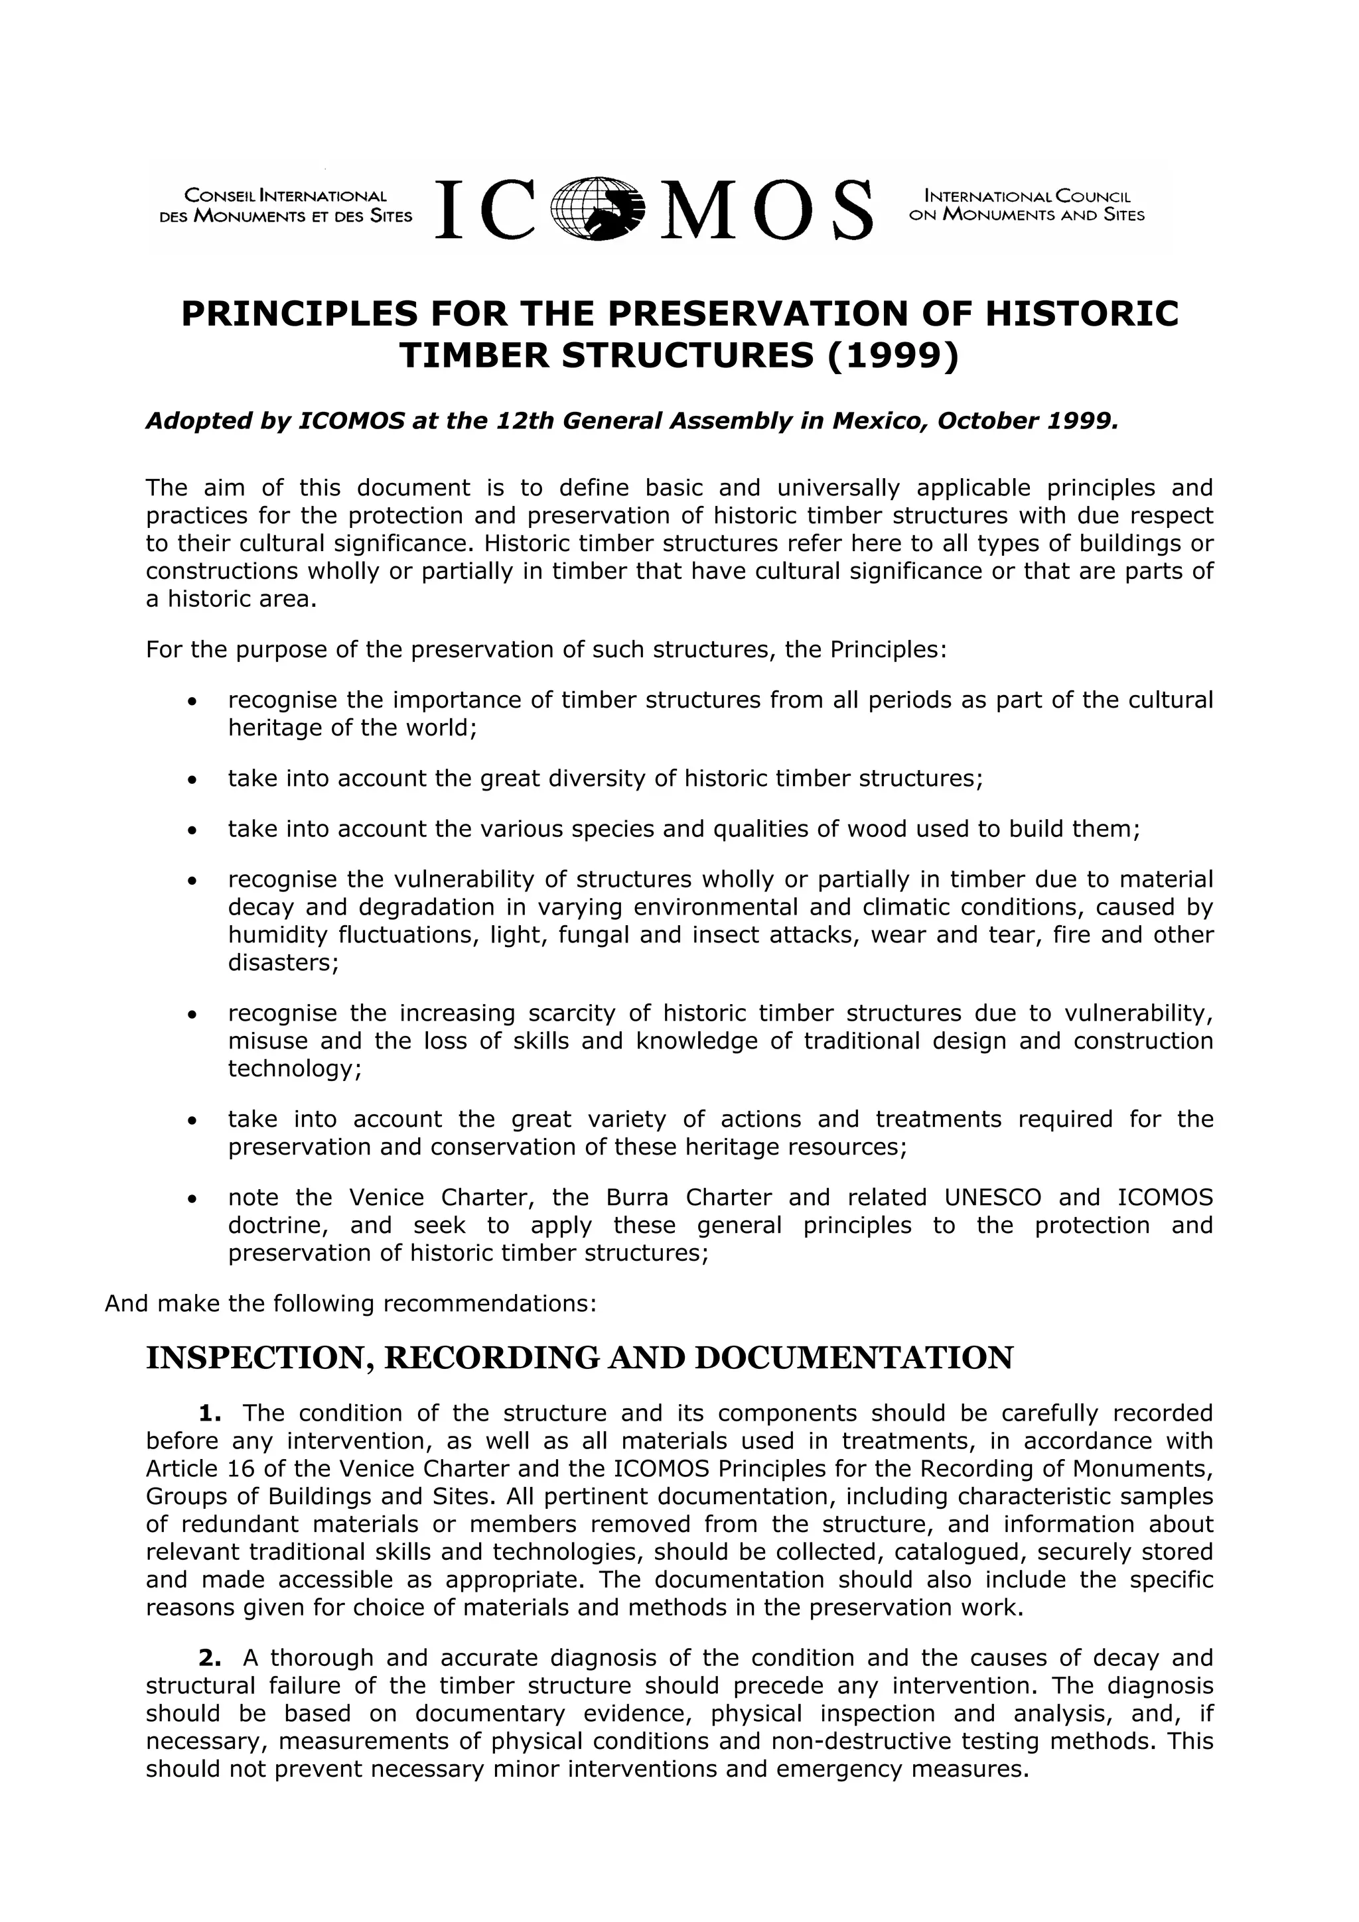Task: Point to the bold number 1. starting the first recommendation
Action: (210, 1413)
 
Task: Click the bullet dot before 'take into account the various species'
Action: (192, 831)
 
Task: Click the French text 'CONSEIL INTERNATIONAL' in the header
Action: (285, 197)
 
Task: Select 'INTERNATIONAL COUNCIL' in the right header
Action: (1027, 198)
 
